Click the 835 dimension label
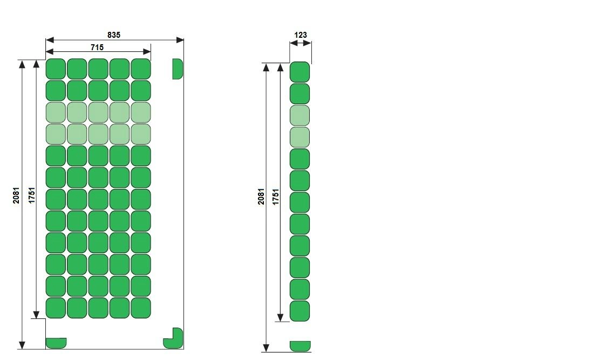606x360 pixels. coord(114,35)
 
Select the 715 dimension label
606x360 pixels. coord(97,47)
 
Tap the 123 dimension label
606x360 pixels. coord(300,35)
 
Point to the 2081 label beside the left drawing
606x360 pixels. coord(16,196)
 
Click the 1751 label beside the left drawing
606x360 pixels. coord(32,195)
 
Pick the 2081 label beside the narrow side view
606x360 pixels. coord(261,196)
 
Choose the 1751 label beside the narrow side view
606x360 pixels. coord(275,197)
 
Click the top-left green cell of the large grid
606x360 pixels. coord(56,69)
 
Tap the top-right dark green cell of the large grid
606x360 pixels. coord(141,69)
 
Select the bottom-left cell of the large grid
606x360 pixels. coord(56,308)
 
